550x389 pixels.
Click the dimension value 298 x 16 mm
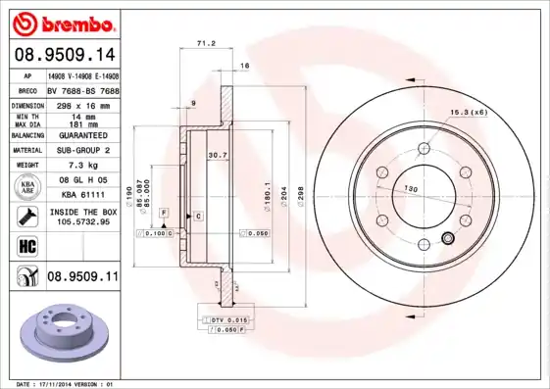point(81,103)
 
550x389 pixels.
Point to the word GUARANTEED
point(81,134)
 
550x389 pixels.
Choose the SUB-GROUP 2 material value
point(81,150)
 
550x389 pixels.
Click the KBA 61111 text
point(81,195)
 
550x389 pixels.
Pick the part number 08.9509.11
point(81,278)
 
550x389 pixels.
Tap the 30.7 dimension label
point(217,155)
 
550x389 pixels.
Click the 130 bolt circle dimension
point(411,188)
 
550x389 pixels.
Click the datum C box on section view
point(198,215)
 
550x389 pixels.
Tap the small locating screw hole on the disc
point(449,237)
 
